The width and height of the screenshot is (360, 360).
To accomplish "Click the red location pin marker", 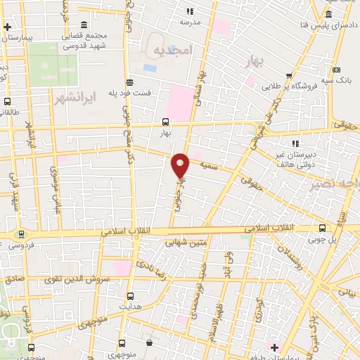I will tap(181, 166).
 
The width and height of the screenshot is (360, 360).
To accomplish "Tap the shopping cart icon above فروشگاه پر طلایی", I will tap(289, 76).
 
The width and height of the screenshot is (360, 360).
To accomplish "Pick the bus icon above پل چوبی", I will tap(323, 227).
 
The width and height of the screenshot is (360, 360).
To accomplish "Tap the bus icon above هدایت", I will tap(130, 297).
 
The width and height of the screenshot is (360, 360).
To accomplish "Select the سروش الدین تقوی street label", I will tap(77, 278).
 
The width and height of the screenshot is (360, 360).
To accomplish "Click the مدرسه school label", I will tap(190, 22).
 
